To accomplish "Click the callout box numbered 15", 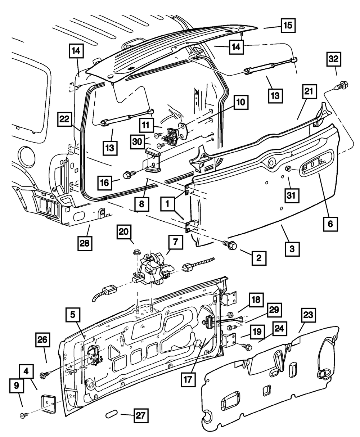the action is click(x=288, y=26).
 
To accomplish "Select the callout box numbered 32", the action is click(x=334, y=59).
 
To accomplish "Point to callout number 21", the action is click(x=309, y=91).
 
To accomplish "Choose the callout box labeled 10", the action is click(x=241, y=102).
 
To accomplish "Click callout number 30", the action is click(x=138, y=142).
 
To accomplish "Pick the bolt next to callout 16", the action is click(x=130, y=174).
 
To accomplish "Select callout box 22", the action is click(x=64, y=119).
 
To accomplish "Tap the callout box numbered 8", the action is click(x=142, y=204).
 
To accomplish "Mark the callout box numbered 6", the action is click(x=330, y=224).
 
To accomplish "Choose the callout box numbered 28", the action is click(x=85, y=243).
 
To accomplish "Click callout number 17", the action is click(x=188, y=379).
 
